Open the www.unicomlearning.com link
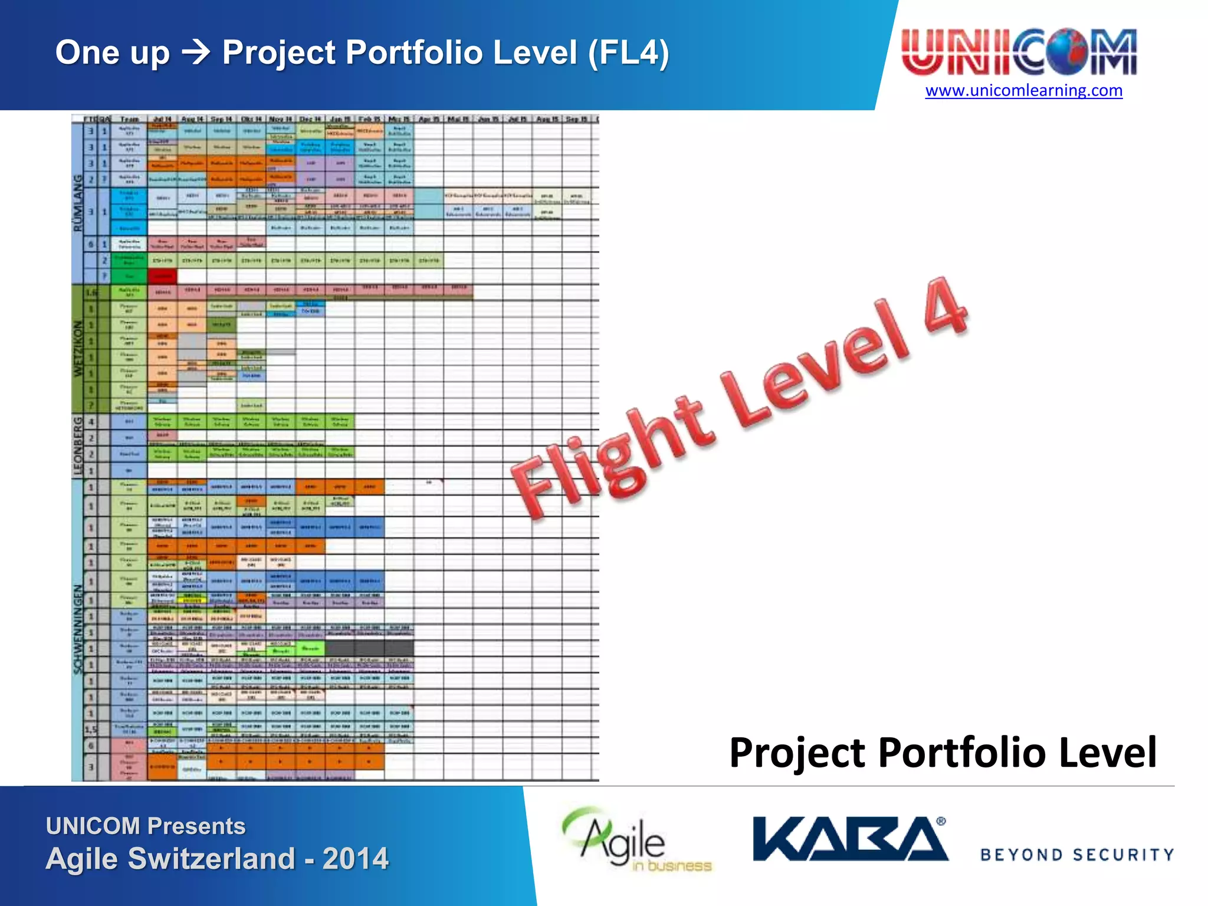[x=1023, y=91]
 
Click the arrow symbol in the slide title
[x=196, y=53]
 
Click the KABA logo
[x=850, y=839]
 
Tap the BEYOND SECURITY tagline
[x=1077, y=855]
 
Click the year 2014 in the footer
[x=355, y=859]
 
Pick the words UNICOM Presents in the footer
[x=146, y=826]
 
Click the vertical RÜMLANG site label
[x=78, y=203]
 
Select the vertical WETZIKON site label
[x=78, y=349]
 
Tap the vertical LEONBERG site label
[x=78, y=446]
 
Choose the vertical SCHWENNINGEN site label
[x=78, y=629]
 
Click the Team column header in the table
[x=129, y=119]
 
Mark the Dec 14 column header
[x=310, y=119]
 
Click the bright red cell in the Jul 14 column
[x=162, y=275]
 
